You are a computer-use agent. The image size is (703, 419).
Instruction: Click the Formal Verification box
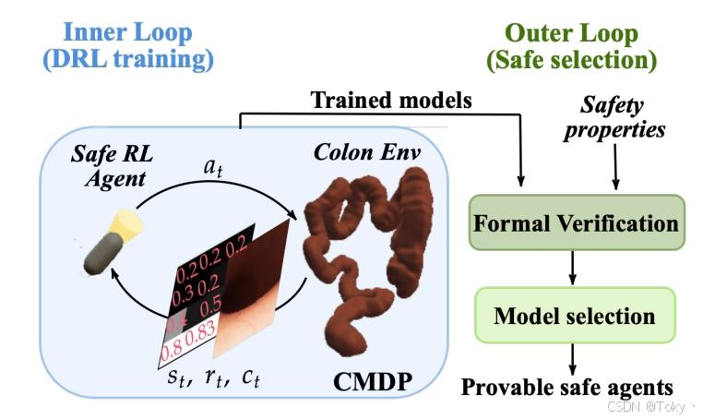(x=576, y=222)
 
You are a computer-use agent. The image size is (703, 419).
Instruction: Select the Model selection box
(x=574, y=315)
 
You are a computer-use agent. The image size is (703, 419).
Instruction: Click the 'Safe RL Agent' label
(x=110, y=163)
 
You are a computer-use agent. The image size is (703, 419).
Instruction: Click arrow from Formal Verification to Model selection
(x=574, y=267)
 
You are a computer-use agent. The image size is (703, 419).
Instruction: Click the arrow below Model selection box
(x=574, y=356)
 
